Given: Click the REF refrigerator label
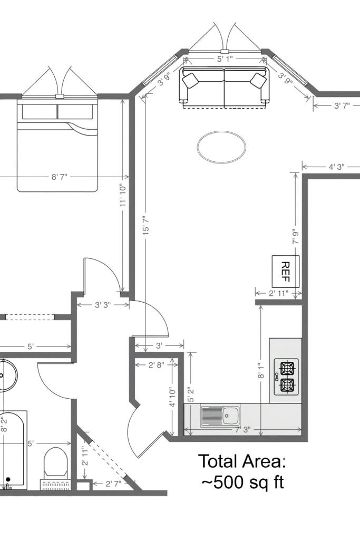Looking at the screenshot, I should coord(286,271).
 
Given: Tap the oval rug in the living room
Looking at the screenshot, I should coord(221,146).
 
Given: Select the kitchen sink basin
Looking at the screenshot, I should coord(230,416).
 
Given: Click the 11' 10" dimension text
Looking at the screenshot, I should coord(123,195).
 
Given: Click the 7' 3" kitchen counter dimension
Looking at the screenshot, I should coord(243,430).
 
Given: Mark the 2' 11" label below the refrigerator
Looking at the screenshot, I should coord(279,293).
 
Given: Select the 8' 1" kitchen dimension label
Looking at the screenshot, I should coord(261,371).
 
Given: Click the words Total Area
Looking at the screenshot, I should coord(242,461).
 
